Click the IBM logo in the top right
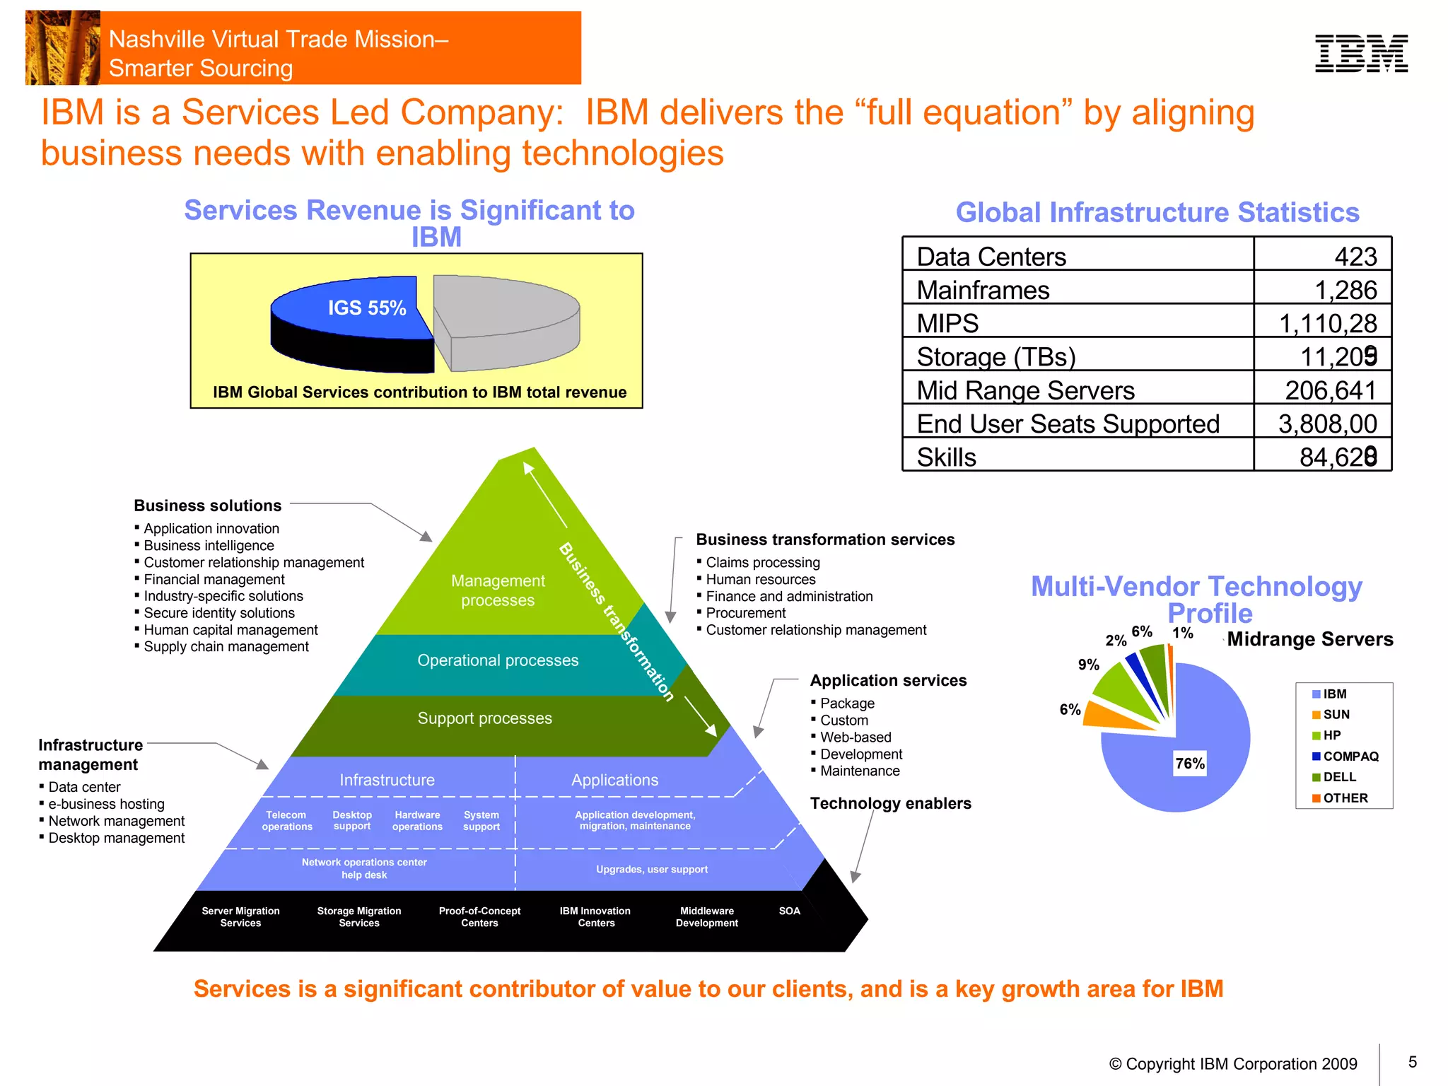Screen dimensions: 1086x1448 point(1361,54)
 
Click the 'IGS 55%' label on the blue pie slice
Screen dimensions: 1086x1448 point(366,308)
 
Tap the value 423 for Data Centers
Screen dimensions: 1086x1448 point(1355,256)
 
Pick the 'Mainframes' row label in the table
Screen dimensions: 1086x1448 point(983,290)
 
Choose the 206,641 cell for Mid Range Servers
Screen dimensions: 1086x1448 point(1330,390)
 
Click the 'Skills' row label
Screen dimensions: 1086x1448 point(946,457)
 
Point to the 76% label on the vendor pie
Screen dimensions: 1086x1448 point(1189,764)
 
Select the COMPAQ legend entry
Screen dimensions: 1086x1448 point(1350,756)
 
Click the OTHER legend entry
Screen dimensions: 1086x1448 point(1345,798)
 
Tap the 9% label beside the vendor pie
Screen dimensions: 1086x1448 point(1088,665)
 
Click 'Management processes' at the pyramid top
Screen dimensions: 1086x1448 point(498,590)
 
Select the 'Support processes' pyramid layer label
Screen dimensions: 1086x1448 point(484,718)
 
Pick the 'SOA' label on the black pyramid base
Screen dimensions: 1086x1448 point(789,911)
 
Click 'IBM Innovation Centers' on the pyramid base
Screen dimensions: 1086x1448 point(595,917)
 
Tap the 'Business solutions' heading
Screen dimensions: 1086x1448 point(207,506)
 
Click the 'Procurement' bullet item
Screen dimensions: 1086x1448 point(745,613)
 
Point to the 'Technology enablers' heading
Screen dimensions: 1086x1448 point(890,803)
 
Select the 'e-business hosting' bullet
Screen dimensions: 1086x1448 point(106,804)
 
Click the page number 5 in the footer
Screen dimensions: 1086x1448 point(1412,1062)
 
